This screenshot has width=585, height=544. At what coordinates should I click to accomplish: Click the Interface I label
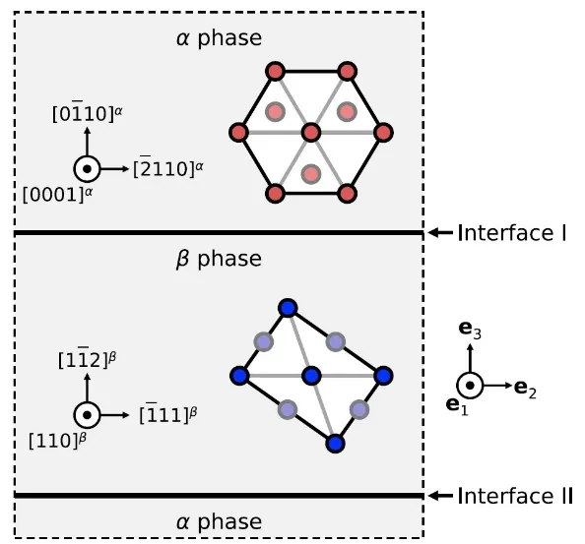pyautogui.click(x=512, y=233)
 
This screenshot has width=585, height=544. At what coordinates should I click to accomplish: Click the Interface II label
pyautogui.click(x=515, y=496)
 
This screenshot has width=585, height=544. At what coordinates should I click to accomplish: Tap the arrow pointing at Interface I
pyautogui.click(x=440, y=233)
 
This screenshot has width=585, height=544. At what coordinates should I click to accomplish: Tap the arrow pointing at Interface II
pyautogui.click(x=440, y=496)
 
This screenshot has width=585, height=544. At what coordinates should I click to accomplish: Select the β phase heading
pyautogui.click(x=219, y=259)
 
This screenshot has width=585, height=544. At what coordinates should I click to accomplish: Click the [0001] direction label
pyautogui.click(x=57, y=194)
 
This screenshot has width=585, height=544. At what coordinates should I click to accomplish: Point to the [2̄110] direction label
pyautogui.click(x=168, y=169)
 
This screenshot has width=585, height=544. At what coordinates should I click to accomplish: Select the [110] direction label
pyautogui.click(x=57, y=441)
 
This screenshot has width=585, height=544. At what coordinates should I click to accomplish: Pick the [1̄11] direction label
pyautogui.click(x=168, y=413)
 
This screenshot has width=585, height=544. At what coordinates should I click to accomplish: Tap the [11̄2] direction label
pyautogui.click(x=88, y=358)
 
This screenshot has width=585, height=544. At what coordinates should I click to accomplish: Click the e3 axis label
pyautogui.click(x=470, y=330)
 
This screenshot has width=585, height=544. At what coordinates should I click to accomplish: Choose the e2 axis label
pyautogui.click(x=525, y=389)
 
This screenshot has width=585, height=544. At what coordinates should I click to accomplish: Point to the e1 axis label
pyautogui.click(x=457, y=405)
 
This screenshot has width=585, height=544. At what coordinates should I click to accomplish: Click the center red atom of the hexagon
pyautogui.click(x=311, y=132)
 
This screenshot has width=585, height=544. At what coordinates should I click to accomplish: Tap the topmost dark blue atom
pyautogui.click(x=288, y=309)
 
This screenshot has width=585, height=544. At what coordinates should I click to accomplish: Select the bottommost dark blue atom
pyautogui.click(x=335, y=444)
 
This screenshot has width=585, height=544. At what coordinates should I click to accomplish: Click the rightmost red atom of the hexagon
pyautogui.click(x=383, y=132)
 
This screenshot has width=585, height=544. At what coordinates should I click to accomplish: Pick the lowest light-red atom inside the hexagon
pyautogui.click(x=311, y=174)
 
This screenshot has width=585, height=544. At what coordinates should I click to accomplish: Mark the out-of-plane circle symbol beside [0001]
pyautogui.click(x=87, y=169)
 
